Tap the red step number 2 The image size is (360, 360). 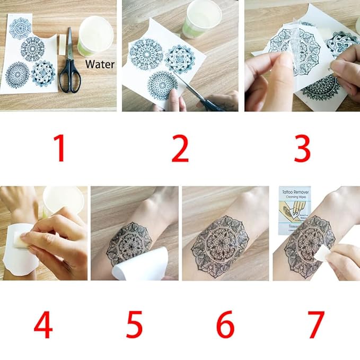(x=180, y=149)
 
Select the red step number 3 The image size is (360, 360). (x=302, y=149)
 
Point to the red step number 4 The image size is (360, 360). (x=43, y=324)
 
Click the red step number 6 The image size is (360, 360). (x=225, y=324)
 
